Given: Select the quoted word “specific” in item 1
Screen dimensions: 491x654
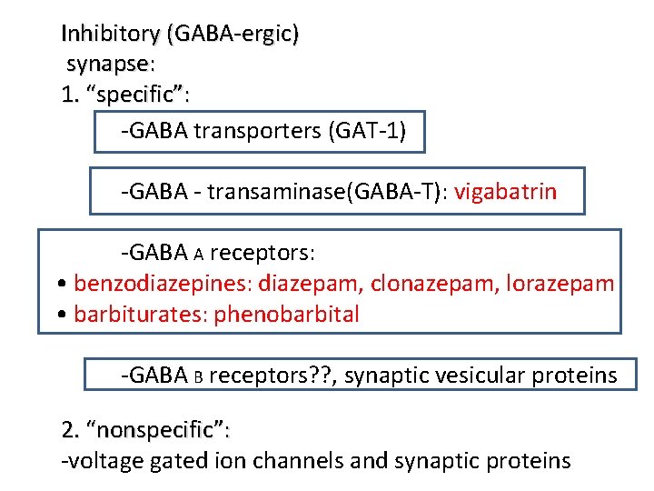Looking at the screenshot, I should click(x=137, y=95).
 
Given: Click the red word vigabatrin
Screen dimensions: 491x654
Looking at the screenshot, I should click(x=506, y=192).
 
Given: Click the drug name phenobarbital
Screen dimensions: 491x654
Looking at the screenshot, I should click(x=287, y=315).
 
